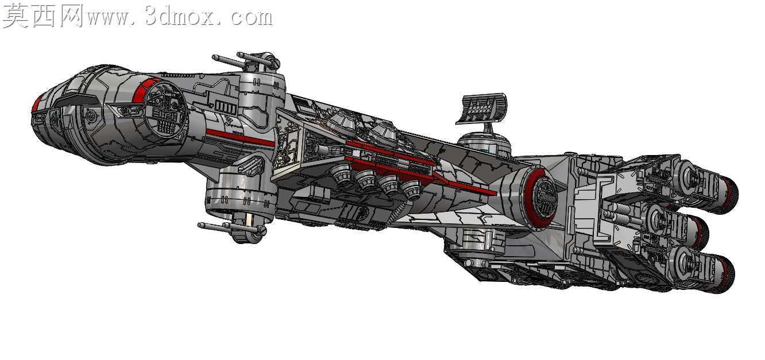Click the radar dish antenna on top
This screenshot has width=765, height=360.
click(x=481, y=107)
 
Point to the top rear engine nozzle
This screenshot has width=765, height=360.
click(x=728, y=193)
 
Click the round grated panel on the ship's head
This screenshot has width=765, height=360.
click(x=165, y=107)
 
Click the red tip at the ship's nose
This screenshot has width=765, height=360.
click(x=37, y=102)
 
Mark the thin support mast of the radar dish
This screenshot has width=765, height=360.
click(x=488, y=129)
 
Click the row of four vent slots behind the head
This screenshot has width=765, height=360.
click(x=225, y=107)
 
